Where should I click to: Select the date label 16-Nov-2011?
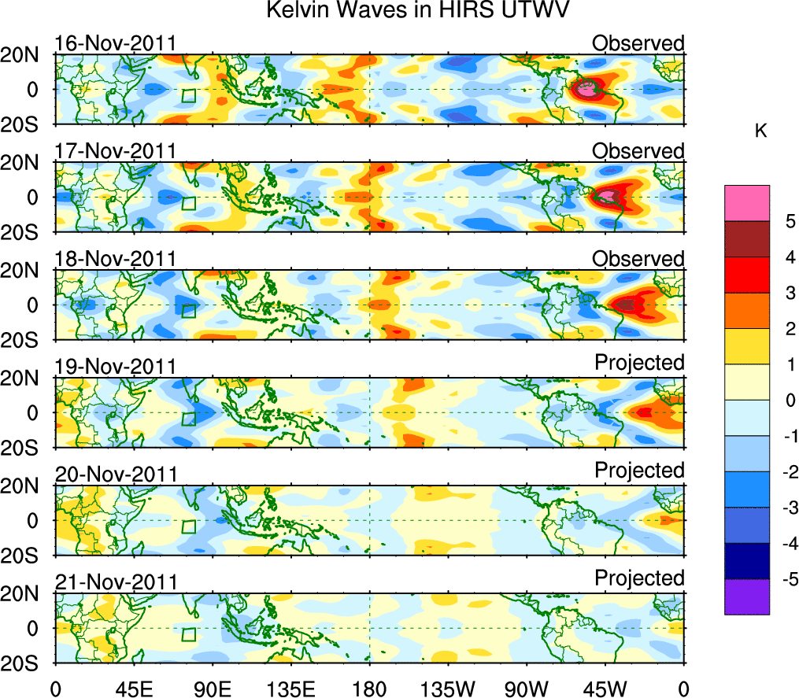(x=116, y=43)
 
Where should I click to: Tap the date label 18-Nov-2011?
(x=116, y=259)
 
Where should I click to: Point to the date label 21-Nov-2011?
(x=116, y=582)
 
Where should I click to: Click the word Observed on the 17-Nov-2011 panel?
(x=638, y=150)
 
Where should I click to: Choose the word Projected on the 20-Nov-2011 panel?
(x=639, y=471)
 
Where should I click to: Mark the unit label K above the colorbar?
(x=760, y=131)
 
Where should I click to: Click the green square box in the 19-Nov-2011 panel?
(x=189, y=419)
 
